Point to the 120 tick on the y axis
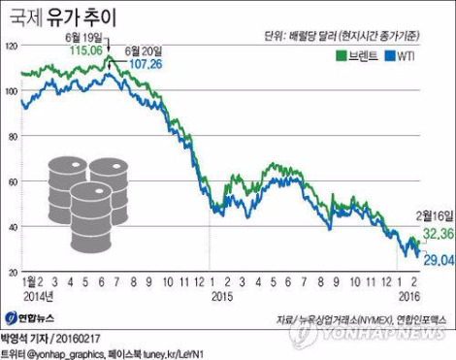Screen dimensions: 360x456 pos(11,46)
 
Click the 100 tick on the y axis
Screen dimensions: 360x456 pos(11,91)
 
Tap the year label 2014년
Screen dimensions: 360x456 pos(36,295)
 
